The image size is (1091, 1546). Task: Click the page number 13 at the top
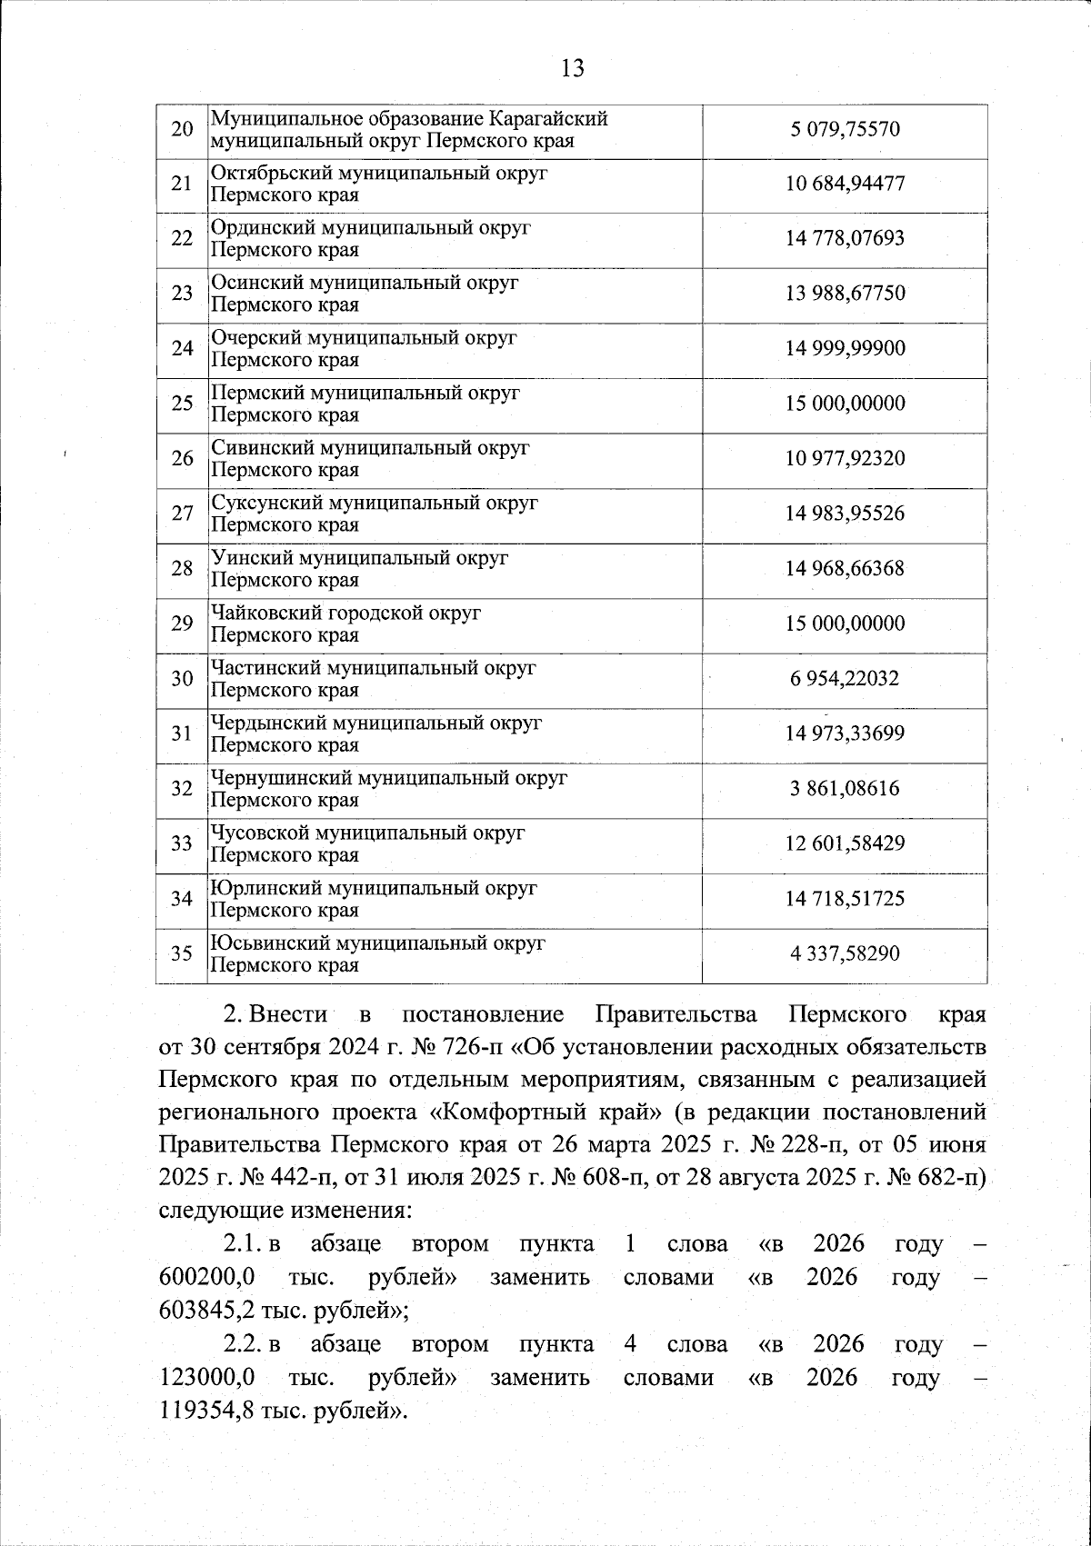573,68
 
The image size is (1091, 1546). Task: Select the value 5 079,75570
845,129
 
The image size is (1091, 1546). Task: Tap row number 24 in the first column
182,349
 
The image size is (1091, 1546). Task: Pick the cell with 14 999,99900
845,349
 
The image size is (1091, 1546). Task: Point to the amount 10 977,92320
845,459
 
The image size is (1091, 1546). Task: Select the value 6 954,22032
845,679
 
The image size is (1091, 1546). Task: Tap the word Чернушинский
281,779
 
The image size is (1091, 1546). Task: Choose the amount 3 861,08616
845,789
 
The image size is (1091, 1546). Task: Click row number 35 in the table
182,953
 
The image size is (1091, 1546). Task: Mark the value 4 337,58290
845,953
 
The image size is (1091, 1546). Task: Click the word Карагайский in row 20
549,118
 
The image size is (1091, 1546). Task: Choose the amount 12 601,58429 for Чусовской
845,843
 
